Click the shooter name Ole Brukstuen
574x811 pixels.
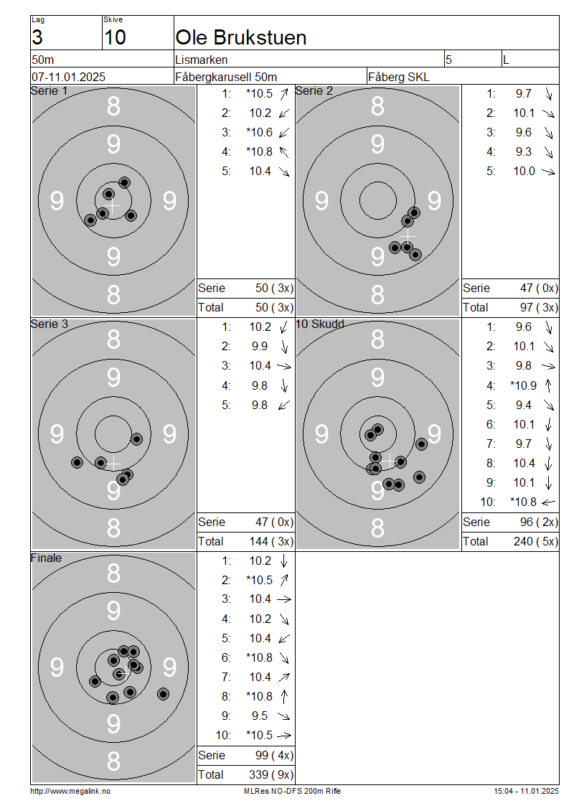click(241, 38)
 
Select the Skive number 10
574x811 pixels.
click(115, 38)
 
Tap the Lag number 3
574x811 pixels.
click(37, 38)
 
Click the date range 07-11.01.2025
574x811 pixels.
click(68, 77)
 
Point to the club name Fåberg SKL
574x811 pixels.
click(399, 77)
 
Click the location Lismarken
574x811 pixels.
click(201, 60)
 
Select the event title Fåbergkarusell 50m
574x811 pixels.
click(226, 77)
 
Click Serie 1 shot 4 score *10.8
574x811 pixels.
click(260, 151)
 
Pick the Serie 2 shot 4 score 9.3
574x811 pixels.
click(523, 151)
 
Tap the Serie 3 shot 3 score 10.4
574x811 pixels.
click(260, 366)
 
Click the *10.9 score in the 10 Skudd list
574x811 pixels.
click(523, 385)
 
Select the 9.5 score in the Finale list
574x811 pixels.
click(260, 716)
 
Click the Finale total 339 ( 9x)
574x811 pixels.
click(271, 774)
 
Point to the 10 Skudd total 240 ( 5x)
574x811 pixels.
click(536, 541)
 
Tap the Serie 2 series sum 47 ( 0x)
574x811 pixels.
click(539, 288)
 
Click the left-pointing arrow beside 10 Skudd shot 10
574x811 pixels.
click(548, 502)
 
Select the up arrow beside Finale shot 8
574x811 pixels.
click(284, 696)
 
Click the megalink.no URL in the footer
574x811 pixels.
click(70, 791)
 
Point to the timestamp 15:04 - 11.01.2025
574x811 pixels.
click(526, 791)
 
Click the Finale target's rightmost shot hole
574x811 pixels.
click(164, 694)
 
